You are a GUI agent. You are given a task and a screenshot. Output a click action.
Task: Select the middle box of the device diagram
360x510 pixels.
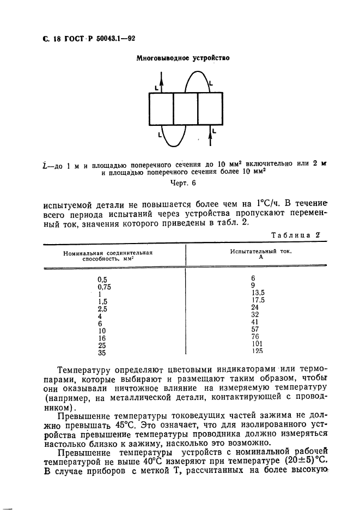point(185,110)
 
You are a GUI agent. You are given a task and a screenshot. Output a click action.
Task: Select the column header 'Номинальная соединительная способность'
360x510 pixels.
point(107,257)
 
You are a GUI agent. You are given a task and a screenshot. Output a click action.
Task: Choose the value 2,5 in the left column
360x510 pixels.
point(103,308)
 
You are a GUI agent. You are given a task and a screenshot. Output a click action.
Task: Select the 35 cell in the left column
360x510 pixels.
point(102,353)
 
